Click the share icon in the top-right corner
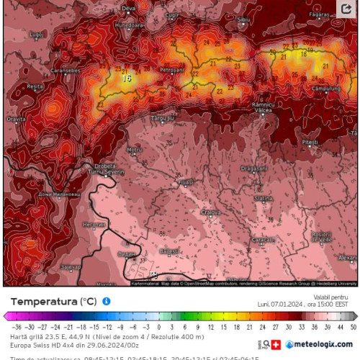pyautogui.click(x=346, y=10)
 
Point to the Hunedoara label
pyautogui.click(x=130, y=24)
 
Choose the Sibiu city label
pyautogui.click(x=244, y=19)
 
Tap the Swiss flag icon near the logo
pyautogui.click(x=276, y=344)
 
